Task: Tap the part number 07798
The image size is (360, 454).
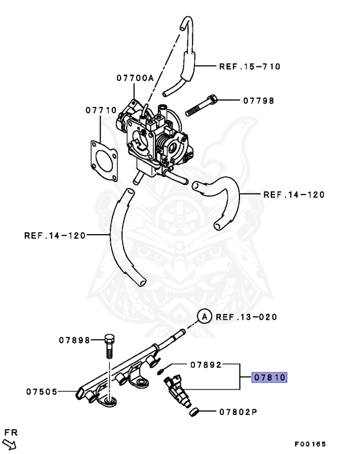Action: tap(259, 100)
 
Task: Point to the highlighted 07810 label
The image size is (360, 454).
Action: tap(269, 377)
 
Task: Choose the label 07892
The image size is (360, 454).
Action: tap(206, 365)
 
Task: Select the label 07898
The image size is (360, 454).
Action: tap(74, 340)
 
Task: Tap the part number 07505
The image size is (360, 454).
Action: tap(41, 391)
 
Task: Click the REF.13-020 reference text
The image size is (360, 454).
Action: tap(247, 317)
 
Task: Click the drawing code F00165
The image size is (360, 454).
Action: tap(310, 443)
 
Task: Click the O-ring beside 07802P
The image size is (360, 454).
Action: tap(194, 412)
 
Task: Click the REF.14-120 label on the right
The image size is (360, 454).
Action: tap(294, 194)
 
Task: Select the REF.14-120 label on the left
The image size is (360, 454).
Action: tap(55, 235)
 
